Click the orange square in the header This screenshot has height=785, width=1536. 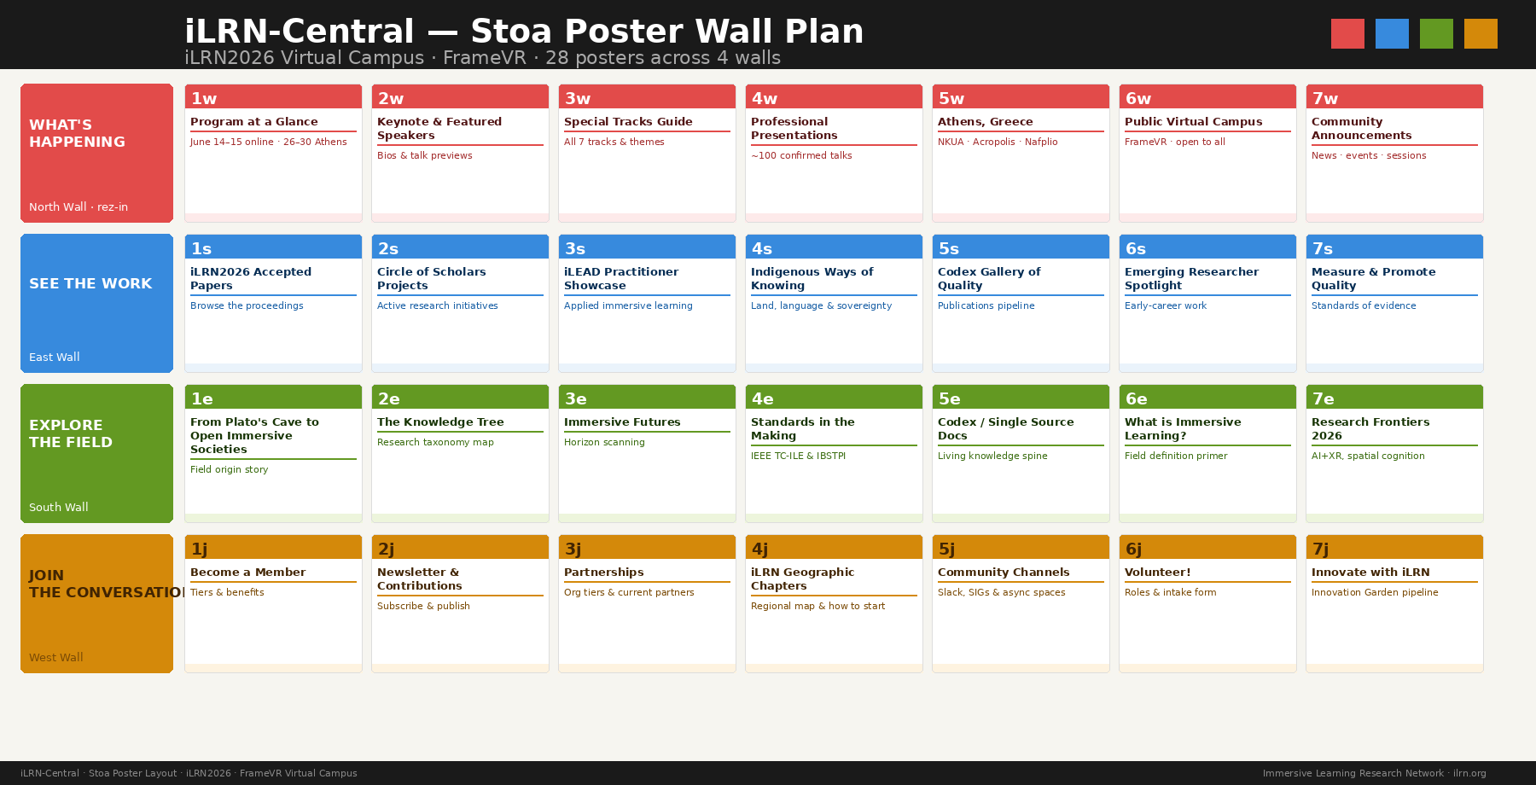[1481, 33]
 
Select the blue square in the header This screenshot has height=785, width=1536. [1392, 33]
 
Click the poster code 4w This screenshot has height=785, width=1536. [764, 99]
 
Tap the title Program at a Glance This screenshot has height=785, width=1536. [253, 122]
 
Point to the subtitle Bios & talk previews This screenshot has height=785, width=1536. [424, 155]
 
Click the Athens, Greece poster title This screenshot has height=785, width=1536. [985, 122]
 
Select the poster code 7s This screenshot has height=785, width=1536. [1322, 249]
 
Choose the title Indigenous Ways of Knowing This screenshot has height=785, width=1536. [812, 278]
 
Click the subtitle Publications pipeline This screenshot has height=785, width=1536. [986, 305]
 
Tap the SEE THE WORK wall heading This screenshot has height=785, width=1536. [90, 283]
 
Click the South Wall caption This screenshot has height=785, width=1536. [58, 507]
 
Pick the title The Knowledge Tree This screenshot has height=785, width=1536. [440, 422]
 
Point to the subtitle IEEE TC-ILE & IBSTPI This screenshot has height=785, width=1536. [798, 456]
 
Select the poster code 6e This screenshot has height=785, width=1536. [1136, 399]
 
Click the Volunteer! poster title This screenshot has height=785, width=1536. [1157, 573]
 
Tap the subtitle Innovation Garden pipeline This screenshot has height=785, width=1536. [1374, 592]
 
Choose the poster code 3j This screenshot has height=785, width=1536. [573, 549]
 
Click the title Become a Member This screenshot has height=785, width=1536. [247, 573]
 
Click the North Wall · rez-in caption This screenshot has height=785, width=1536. [79, 207]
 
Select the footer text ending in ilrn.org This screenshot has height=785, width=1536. [1374, 773]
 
